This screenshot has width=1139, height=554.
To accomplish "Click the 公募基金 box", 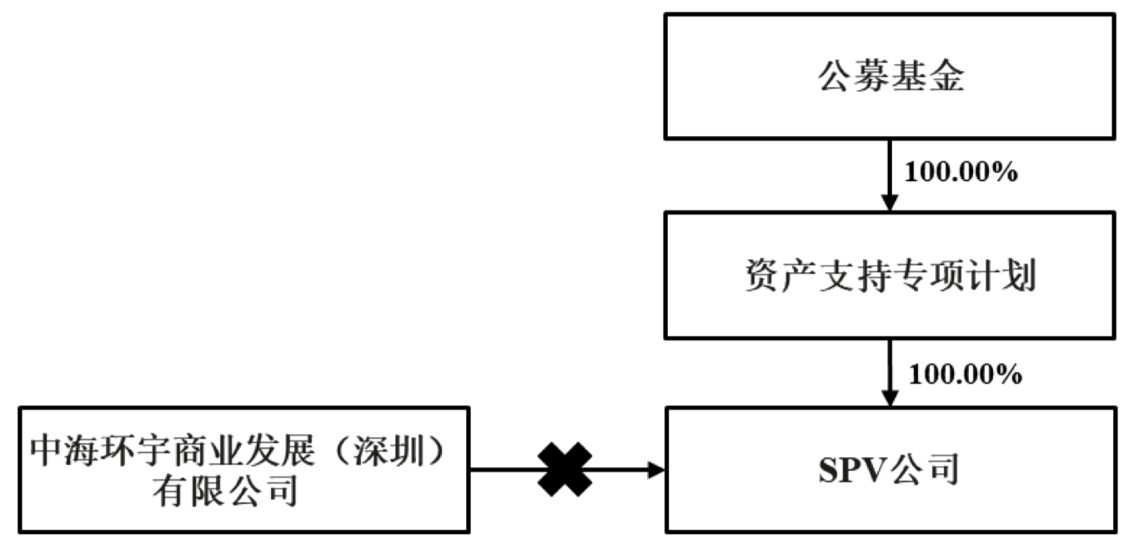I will (890, 76).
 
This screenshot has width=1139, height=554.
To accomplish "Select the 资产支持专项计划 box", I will (890, 274).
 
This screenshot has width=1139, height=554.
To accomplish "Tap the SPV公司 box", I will (890, 470).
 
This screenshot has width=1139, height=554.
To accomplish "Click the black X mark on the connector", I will (565, 470).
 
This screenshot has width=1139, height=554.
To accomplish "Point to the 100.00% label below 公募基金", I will (961, 174).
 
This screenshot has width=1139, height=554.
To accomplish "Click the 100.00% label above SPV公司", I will (965, 375).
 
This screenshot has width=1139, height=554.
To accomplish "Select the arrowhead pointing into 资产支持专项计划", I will (890, 203).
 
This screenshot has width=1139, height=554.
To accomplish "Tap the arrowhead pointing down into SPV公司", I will (890, 399).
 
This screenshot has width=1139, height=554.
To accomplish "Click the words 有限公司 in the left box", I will (224, 491).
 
